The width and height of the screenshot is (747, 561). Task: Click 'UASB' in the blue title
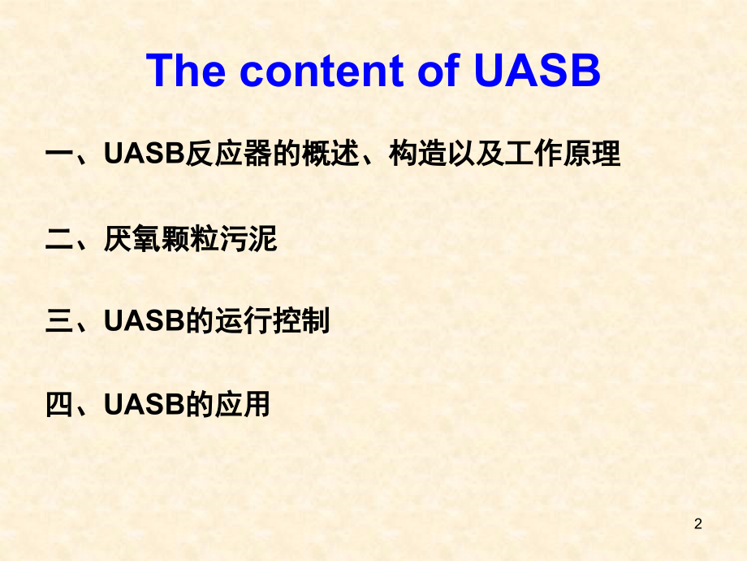pyautogui.click(x=537, y=71)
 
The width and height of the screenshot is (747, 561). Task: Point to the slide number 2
pyautogui.click(x=697, y=524)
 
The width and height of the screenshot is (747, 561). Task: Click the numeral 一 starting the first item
pyautogui.click(x=61, y=154)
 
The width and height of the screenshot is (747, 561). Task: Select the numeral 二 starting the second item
pyautogui.click(x=61, y=238)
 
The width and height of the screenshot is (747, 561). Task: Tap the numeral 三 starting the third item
pyautogui.click(x=61, y=321)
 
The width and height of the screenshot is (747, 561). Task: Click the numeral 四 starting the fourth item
pyautogui.click(x=61, y=405)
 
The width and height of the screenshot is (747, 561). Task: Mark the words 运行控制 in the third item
pyautogui.click(x=273, y=321)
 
